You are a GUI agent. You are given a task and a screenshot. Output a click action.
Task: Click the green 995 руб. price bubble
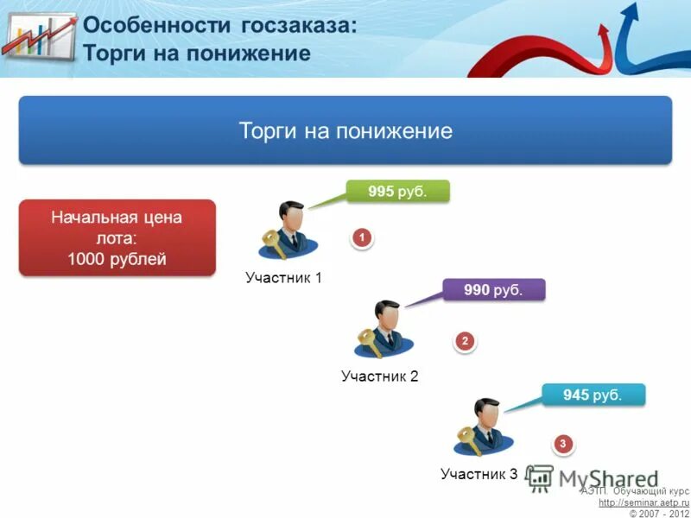398,192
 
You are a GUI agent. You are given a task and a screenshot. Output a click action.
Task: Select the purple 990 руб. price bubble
494,291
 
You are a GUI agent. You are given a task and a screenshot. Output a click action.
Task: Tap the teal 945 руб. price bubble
593,395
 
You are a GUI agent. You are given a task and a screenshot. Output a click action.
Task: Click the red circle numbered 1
362,237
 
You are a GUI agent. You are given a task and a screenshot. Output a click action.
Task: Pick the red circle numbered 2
465,342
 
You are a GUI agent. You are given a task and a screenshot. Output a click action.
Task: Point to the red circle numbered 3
563,445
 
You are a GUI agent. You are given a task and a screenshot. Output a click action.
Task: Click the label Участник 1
283,278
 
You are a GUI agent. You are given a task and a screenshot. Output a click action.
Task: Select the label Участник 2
379,376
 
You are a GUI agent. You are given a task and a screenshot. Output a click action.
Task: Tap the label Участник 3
479,474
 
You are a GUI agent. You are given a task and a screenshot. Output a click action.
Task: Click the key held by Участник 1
275,243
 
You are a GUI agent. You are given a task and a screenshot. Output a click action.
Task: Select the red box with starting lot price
117,238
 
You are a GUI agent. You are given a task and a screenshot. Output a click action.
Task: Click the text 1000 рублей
117,259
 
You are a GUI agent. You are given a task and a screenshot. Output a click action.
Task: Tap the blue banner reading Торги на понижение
345,131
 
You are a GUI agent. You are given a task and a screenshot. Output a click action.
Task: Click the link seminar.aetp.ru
643,502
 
